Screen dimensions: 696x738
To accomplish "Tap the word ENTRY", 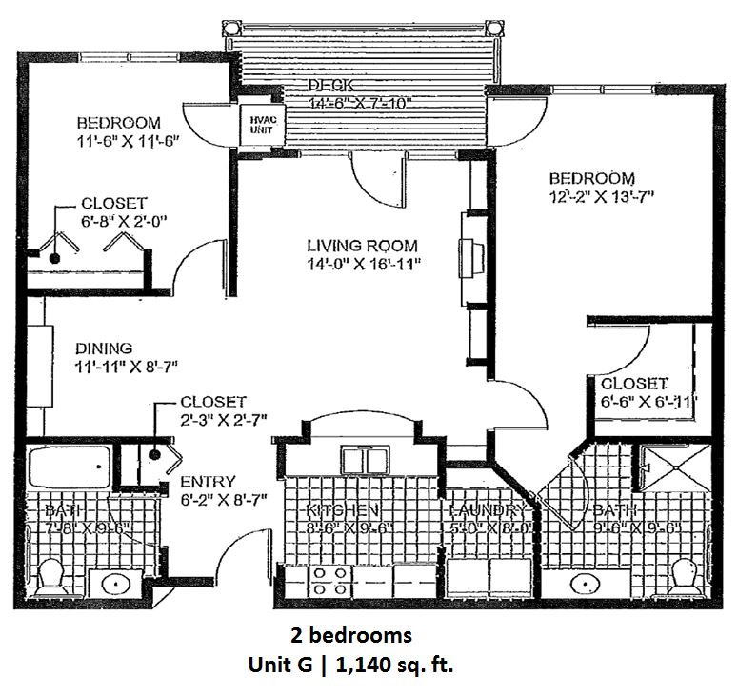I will (x=208, y=482).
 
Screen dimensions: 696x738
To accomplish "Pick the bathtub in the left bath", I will (x=69, y=468).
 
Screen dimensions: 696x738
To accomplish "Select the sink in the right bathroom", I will (x=581, y=581).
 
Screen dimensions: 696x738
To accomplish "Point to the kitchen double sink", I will (x=360, y=460).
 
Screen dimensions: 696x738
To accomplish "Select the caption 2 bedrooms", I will (x=350, y=635).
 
